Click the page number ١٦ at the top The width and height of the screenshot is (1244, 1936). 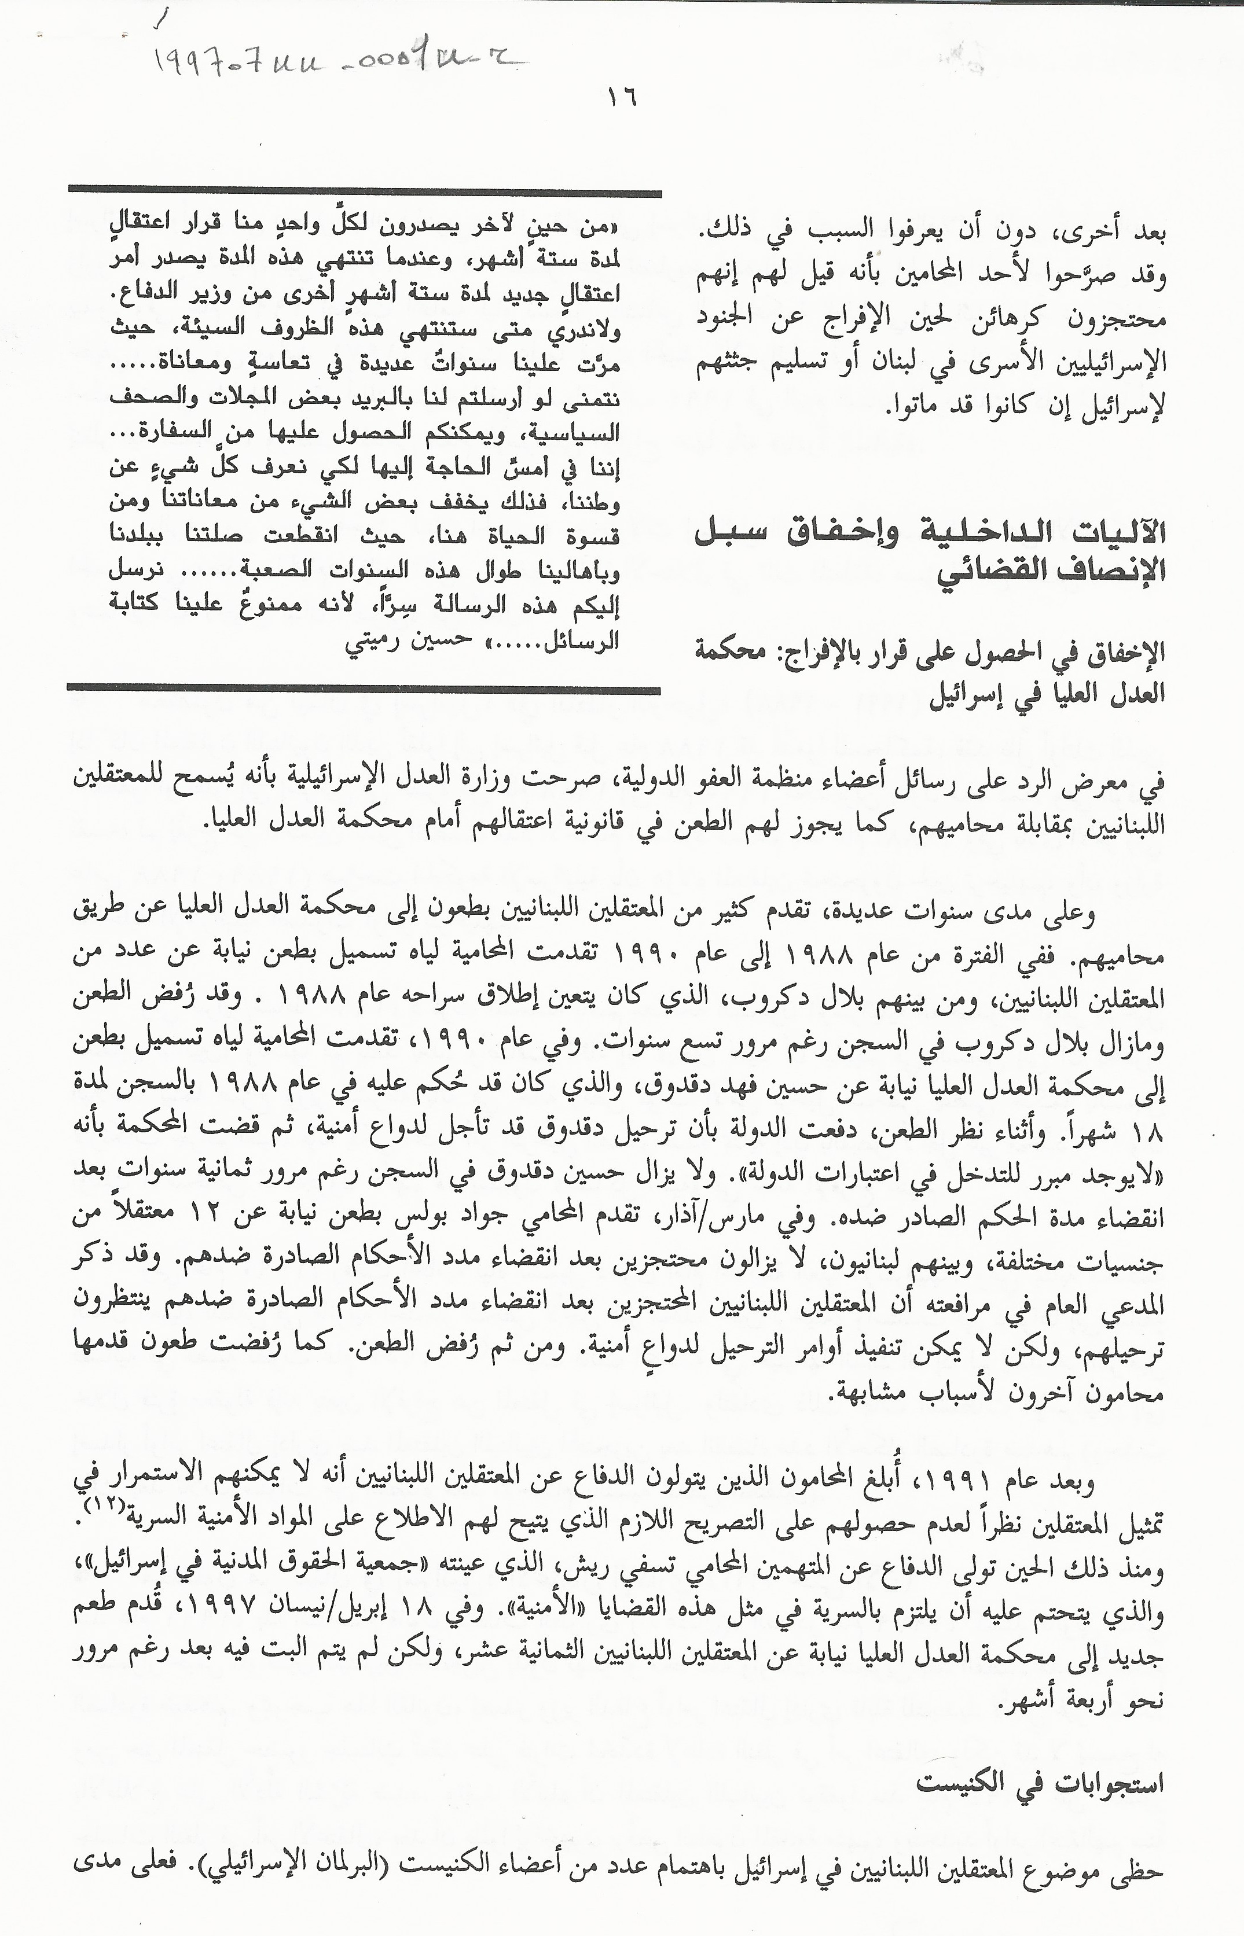622,98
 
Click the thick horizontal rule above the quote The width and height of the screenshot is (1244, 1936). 364,192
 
